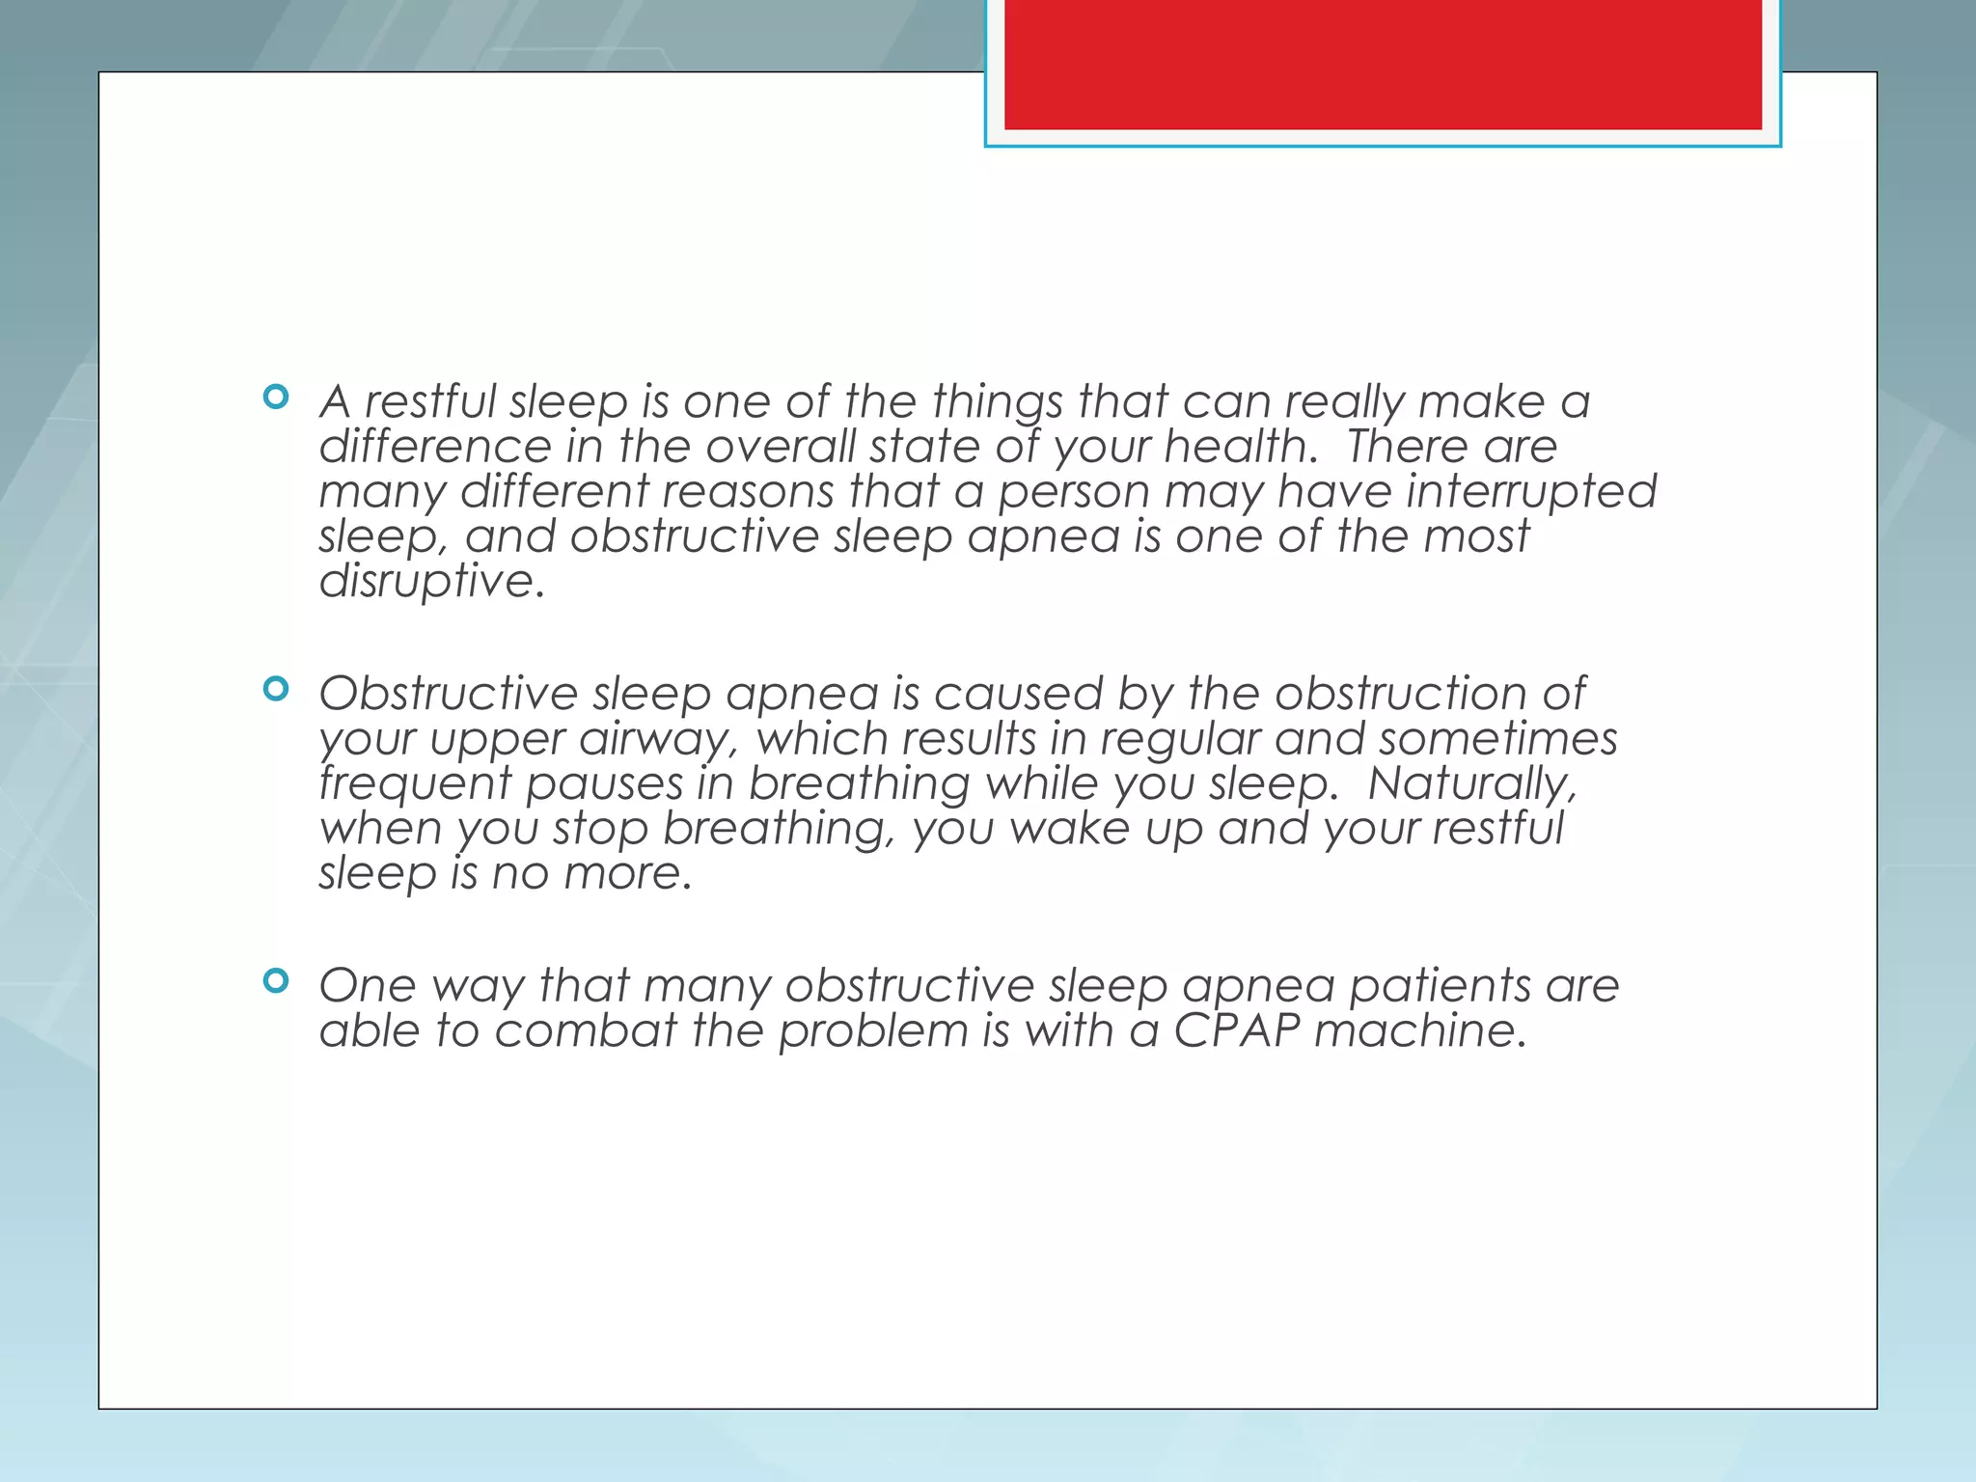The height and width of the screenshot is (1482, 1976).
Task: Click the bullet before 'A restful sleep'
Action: pyautogui.click(x=276, y=397)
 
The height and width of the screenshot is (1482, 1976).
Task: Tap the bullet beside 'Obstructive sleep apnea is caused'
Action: pyautogui.click(x=276, y=689)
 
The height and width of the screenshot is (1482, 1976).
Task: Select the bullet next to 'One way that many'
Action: pyautogui.click(x=276, y=981)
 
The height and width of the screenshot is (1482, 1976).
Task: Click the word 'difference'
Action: pyautogui.click(x=435, y=447)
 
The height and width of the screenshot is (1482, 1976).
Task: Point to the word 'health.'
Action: pyautogui.click(x=1241, y=447)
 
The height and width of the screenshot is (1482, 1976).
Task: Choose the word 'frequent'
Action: pyautogui.click(x=415, y=783)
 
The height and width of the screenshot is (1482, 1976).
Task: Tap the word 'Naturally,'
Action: pyautogui.click(x=1472, y=783)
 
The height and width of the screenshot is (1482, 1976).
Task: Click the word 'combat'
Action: pyautogui.click(x=586, y=1030)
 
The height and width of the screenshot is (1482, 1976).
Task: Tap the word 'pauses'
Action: pyautogui.click(x=604, y=783)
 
